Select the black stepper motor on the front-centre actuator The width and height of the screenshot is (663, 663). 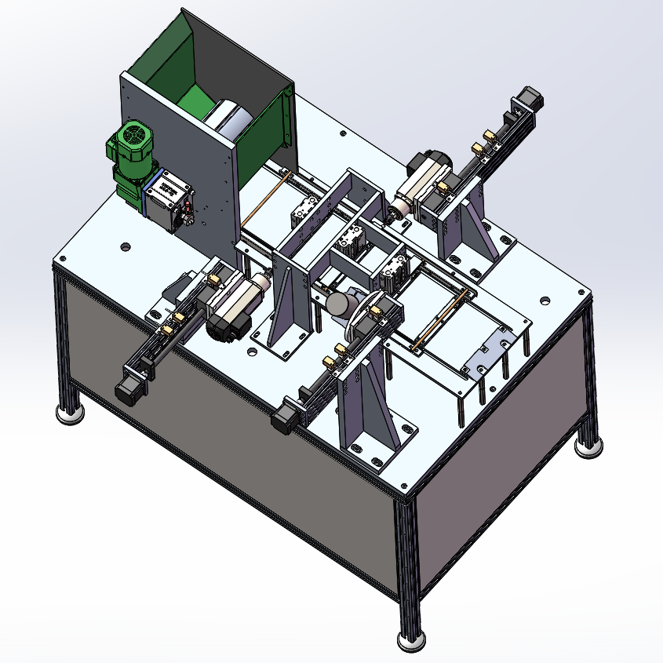tap(282, 416)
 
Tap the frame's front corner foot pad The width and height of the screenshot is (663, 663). tap(411, 640)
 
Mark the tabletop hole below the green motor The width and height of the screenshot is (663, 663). tap(125, 247)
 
